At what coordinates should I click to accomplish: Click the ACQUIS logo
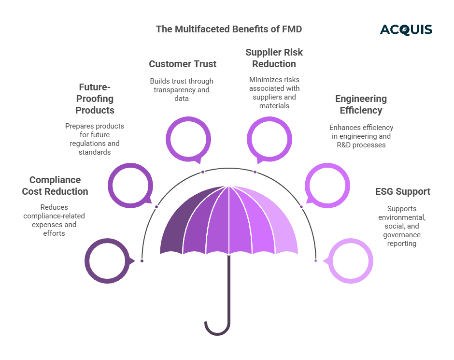406,29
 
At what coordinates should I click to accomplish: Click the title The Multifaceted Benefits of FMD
228,29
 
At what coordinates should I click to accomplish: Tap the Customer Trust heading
183,64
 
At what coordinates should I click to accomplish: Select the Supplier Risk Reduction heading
274,58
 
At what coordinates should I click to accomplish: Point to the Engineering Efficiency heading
361,104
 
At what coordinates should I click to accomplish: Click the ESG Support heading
402,191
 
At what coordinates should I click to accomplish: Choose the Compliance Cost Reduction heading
55,186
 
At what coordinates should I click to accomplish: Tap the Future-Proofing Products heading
95,99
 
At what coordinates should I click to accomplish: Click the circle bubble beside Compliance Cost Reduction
107,261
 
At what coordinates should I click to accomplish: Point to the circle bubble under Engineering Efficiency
327,186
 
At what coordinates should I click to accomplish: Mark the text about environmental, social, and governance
402,226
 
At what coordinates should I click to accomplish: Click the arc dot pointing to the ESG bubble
315,260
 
